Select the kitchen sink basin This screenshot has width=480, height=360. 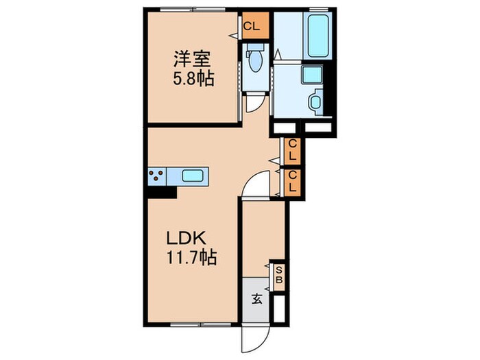(194, 176)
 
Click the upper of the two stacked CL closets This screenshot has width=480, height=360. (292, 151)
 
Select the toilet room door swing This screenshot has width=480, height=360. (254, 103)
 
